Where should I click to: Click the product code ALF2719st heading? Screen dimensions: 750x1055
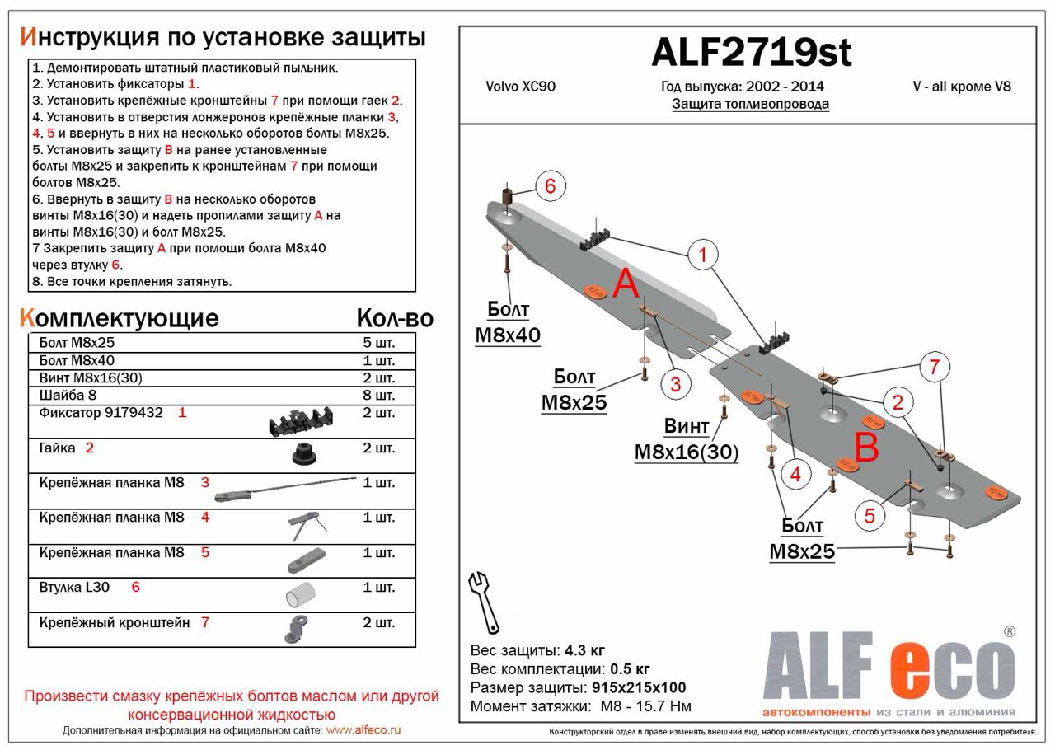[x=751, y=54]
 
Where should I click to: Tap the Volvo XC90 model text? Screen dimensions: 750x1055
[x=520, y=87]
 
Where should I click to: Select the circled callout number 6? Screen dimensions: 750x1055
[x=551, y=186]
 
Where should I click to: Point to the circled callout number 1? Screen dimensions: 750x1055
[x=702, y=255]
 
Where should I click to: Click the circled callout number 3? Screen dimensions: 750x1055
[x=674, y=383]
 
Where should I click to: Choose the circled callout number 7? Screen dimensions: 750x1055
[x=934, y=368]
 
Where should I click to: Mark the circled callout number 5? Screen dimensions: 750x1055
[x=869, y=516]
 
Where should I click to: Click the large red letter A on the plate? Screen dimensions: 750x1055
[x=626, y=285]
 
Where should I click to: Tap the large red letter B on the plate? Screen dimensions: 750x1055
[x=866, y=448]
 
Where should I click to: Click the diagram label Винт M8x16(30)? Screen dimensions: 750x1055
[x=686, y=440]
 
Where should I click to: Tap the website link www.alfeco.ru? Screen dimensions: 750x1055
[x=363, y=730]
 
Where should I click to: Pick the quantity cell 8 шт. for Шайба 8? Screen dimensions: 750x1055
[x=378, y=396]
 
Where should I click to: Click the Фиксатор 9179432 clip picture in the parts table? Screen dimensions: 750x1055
[x=300, y=423]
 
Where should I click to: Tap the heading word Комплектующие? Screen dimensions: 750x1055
[x=119, y=318]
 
